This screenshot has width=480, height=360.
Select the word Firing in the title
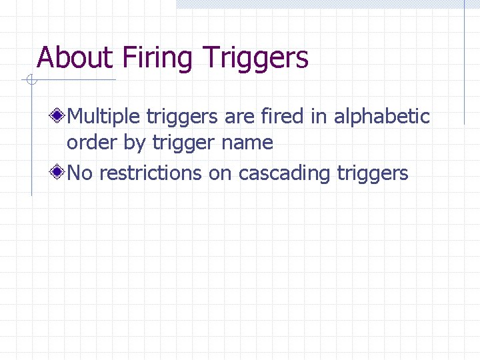tap(158, 58)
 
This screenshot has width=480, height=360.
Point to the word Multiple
tap(104, 117)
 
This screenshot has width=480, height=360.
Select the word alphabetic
tap(381, 117)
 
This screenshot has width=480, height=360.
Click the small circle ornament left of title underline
tap(30, 81)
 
